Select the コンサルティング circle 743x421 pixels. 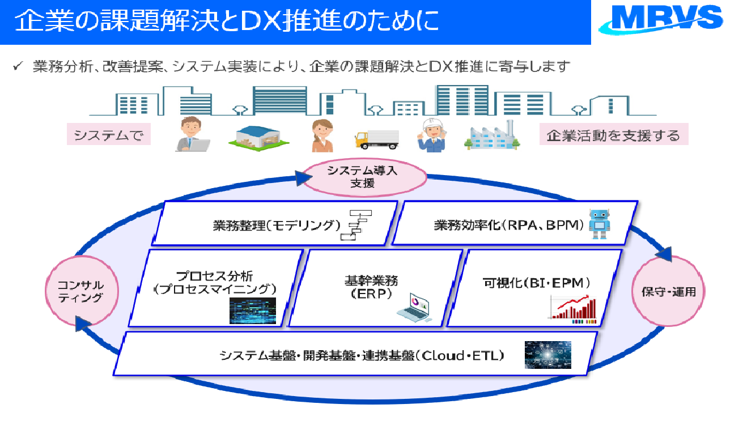point(83,291)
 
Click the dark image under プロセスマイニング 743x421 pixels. point(252,311)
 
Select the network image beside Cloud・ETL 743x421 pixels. point(547,355)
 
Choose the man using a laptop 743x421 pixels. point(191,135)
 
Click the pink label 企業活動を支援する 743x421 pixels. point(613,135)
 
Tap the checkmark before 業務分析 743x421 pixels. point(18,67)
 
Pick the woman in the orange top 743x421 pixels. point(321,136)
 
